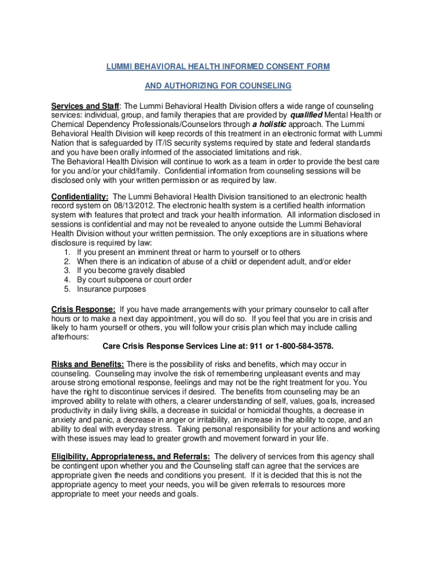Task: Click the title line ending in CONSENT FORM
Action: [x=218, y=67]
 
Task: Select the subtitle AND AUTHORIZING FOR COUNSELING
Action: [x=218, y=86]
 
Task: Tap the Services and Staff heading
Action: [x=86, y=106]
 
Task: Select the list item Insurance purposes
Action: [x=112, y=289]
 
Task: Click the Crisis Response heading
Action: [x=83, y=309]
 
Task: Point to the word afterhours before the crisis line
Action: [x=70, y=336]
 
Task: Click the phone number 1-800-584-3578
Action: [x=305, y=346]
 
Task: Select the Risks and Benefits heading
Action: [x=88, y=364]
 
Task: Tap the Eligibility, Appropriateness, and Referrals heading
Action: [x=131, y=457]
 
